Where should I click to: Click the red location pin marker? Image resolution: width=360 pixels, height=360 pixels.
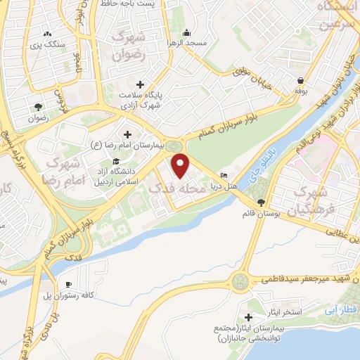click(x=181, y=166)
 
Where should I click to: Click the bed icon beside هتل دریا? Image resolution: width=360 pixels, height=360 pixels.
click(x=224, y=175)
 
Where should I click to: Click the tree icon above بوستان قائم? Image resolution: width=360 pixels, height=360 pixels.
click(x=262, y=202)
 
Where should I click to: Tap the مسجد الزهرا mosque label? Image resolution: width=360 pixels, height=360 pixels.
click(x=186, y=42)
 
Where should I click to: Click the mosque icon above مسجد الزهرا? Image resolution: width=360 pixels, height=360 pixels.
click(x=186, y=32)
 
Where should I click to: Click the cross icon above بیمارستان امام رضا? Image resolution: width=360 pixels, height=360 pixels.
click(x=127, y=134)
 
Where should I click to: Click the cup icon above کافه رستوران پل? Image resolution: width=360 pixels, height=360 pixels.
click(x=69, y=283)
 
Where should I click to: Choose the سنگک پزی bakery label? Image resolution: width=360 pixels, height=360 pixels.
click(x=49, y=44)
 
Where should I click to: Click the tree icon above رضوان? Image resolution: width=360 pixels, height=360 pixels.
click(x=37, y=107)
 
